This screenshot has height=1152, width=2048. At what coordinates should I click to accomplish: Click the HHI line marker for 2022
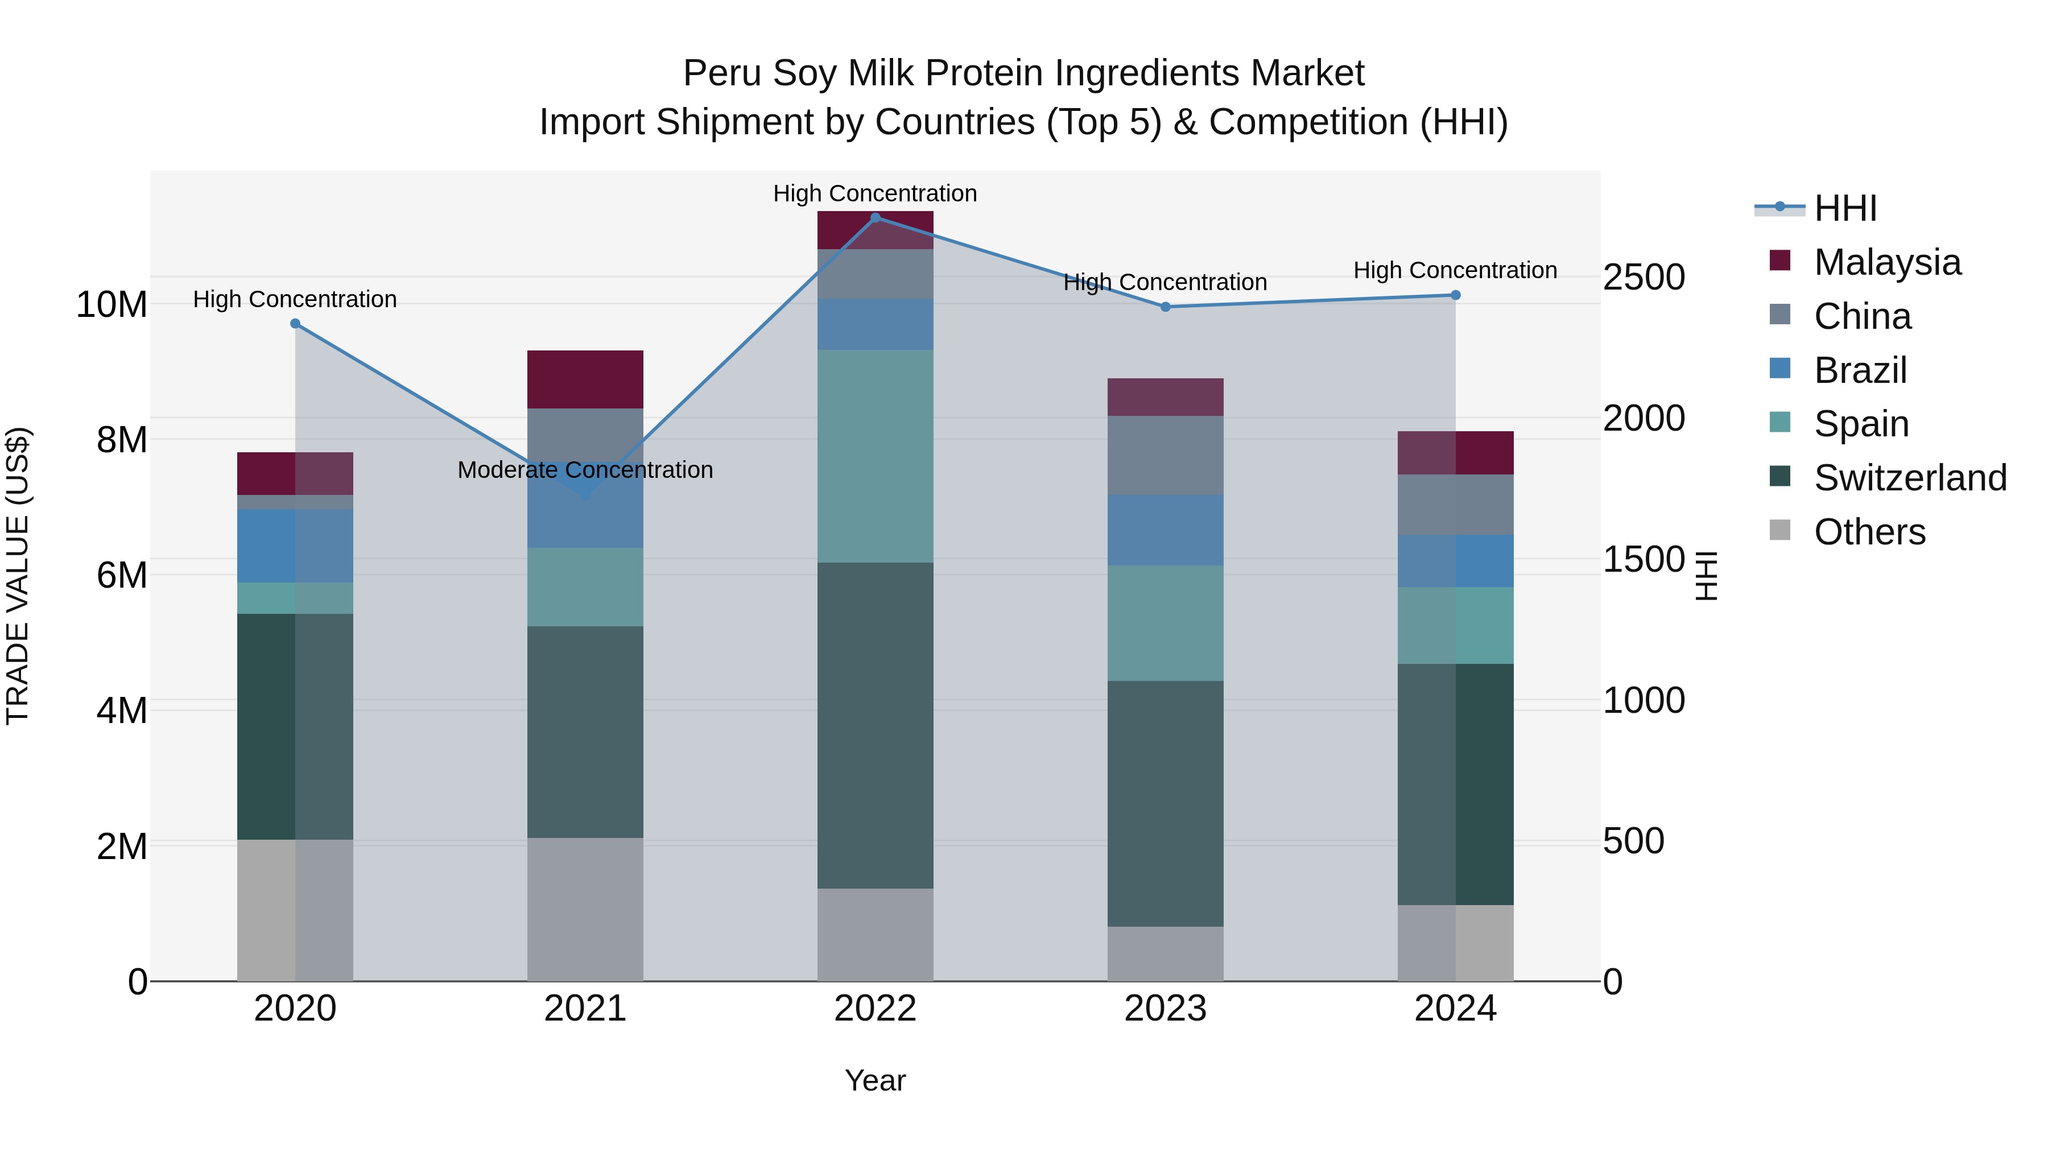pyautogui.click(x=876, y=217)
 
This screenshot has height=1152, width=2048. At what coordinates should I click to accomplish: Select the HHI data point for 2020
pyautogui.click(x=295, y=324)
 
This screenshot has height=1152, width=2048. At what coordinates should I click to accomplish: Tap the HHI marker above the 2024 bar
pyautogui.click(x=1456, y=295)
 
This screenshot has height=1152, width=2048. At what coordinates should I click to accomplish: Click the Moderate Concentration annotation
pyautogui.click(x=585, y=470)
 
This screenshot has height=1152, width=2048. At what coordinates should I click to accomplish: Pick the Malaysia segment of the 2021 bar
pyautogui.click(x=585, y=379)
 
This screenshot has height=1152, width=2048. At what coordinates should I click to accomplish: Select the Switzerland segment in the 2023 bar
pyautogui.click(x=1166, y=803)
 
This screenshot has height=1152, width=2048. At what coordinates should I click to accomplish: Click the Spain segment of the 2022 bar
pyautogui.click(x=876, y=456)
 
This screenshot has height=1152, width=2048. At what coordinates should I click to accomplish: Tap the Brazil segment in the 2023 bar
pyautogui.click(x=1166, y=530)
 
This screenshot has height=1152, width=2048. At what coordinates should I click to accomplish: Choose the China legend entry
pyautogui.click(x=1862, y=316)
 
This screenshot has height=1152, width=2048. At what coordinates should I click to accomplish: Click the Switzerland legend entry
pyautogui.click(x=1910, y=478)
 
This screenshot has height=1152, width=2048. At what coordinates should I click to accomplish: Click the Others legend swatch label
pyautogui.click(x=1869, y=532)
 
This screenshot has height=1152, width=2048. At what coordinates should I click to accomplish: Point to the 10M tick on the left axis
pyautogui.click(x=112, y=304)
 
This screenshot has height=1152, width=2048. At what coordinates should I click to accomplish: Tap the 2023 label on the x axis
pyautogui.click(x=1166, y=1009)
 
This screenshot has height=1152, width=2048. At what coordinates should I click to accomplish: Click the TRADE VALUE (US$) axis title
pyautogui.click(x=18, y=576)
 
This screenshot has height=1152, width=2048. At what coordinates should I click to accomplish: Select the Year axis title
pyautogui.click(x=876, y=1080)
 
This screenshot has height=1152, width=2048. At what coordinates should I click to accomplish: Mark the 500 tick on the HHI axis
pyautogui.click(x=1633, y=841)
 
